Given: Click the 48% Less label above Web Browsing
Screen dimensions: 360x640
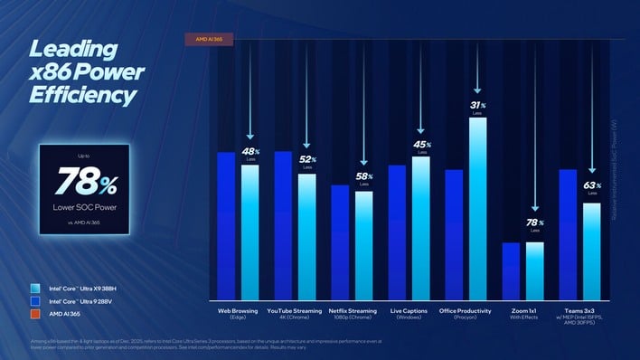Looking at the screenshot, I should (250, 153).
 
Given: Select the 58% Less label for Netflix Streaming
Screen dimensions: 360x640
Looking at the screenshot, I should (363, 178).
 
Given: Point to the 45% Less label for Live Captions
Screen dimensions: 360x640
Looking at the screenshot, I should (421, 146).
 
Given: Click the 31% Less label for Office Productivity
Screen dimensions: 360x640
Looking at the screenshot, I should (477, 108).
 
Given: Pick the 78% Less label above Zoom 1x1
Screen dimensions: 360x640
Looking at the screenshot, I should (535, 224).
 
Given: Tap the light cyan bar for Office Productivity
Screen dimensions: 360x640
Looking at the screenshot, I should (477, 208).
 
